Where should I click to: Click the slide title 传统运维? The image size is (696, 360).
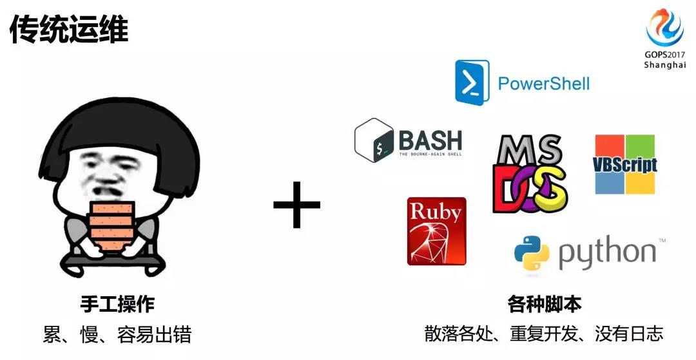click(69, 29)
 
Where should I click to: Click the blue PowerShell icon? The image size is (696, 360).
click(472, 82)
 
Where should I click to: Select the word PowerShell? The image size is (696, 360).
click(544, 83)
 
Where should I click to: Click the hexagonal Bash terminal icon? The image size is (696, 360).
click(374, 140)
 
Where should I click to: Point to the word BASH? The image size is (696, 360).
click(430, 140)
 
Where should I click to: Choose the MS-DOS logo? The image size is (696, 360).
click(530, 173)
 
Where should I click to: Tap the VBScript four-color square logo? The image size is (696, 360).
click(625, 164)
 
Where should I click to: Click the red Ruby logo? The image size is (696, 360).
click(437, 231)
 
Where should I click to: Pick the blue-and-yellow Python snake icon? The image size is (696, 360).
click(531, 252)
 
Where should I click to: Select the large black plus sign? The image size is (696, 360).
click(296, 204)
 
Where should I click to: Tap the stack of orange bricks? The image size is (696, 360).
click(111, 226)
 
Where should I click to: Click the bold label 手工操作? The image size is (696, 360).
click(117, 304)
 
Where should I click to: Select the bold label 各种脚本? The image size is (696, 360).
click(544, 304)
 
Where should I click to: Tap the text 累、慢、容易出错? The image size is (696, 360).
click(117, 334)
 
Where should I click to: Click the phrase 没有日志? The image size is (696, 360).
click(629, 334)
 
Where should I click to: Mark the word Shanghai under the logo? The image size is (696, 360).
click(665, 65)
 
